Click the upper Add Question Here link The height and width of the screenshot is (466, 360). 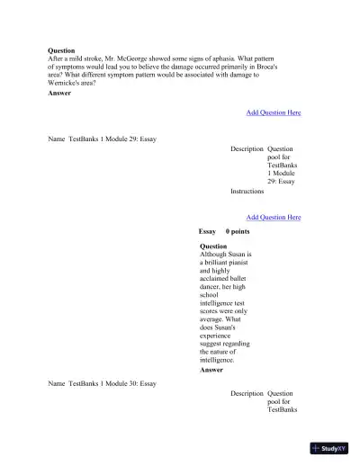[x=274, y=112]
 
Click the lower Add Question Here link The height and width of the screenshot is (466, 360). [x=274, y=217]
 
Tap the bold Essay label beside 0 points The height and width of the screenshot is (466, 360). [x=207, y=231]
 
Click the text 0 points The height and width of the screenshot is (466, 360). [x=238, y=231]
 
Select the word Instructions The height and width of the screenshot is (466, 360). [x=247, y=191]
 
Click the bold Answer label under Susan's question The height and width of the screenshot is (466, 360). [x=211, y=370]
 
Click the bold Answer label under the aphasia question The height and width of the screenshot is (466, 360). [x=59, y=92]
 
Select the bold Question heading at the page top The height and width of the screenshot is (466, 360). [x=61, y=50]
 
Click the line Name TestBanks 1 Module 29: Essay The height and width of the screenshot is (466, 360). [x=102, y=139]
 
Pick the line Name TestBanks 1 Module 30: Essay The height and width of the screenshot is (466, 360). [x=102, y=383]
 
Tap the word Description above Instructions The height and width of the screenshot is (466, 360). [x=247, y=148]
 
